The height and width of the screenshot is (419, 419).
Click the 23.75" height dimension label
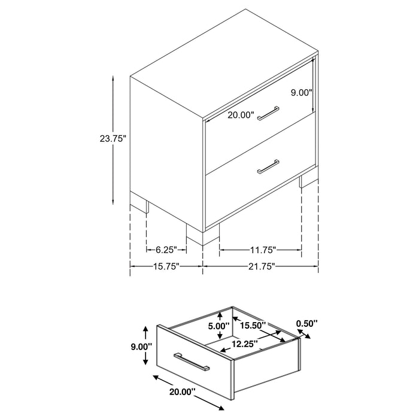112,139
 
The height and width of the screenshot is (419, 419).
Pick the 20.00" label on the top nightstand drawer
241,115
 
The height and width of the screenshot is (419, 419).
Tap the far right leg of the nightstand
308,180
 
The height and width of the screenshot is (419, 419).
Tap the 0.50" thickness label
306,324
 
